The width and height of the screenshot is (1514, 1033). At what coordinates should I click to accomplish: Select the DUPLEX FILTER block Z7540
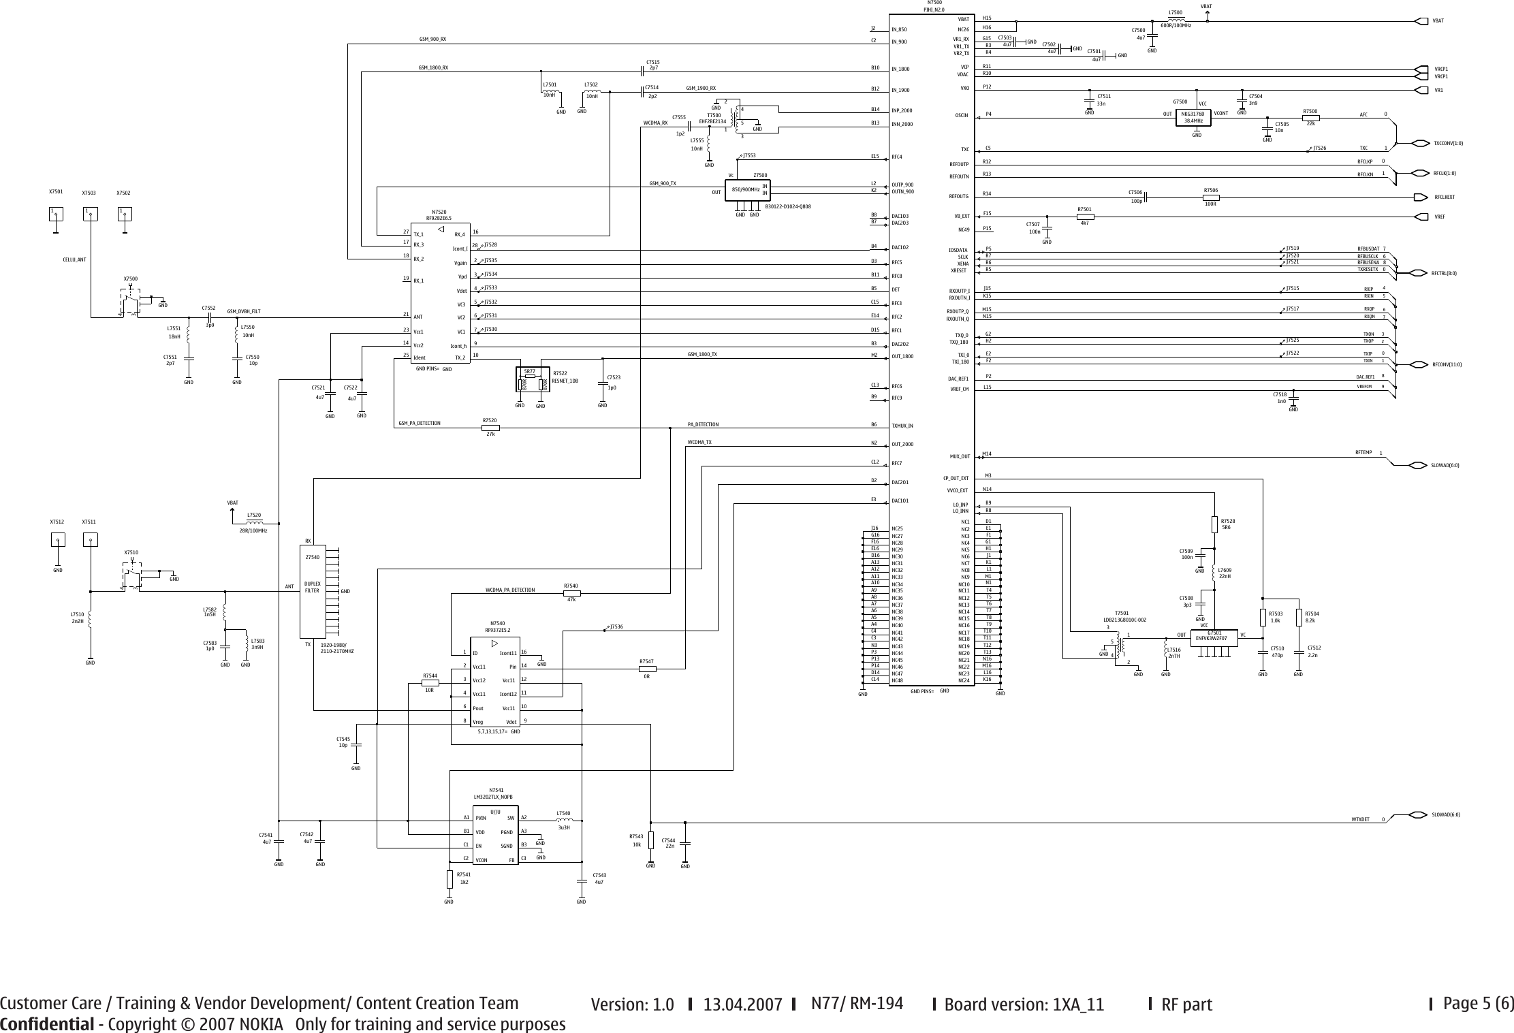(x=313, y=590)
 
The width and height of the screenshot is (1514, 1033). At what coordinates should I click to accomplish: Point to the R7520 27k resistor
(x=490, y=428)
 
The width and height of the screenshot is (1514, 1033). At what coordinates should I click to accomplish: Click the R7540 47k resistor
(x=571, y=592)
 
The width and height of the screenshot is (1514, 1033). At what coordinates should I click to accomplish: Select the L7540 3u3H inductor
(x=563, y=821)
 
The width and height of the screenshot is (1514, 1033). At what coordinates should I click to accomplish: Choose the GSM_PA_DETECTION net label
(x=419, y=424)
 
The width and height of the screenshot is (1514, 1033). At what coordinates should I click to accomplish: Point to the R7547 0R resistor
(x=646, y=668)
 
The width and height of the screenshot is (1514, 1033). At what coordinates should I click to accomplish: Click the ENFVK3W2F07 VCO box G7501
(x=1216, y=637)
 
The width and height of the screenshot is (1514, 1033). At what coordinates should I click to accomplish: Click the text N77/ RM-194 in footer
(x=857, y=1004)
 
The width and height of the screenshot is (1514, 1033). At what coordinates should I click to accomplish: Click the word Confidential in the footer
(x=46, y=1024)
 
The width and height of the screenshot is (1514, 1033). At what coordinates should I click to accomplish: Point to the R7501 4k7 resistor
(x=1084, y=217)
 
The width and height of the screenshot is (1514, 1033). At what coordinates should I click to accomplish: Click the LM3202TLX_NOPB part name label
(x=492, y=797)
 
